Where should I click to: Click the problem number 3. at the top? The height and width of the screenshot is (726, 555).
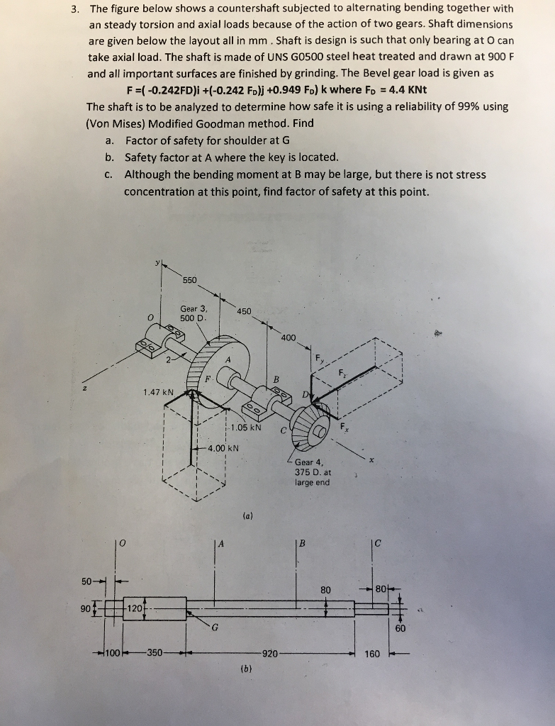(x=74, y=9)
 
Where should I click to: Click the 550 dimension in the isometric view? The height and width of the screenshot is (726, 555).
(x=190, y=280)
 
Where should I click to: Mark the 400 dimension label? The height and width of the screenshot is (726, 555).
(x=288, y=337)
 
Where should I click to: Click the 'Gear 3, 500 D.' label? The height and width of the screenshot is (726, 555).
(x=194, y=313)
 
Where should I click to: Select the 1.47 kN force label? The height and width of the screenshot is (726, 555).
(x=158, y=391)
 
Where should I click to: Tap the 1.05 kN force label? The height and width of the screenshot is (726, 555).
(x=247, y=428)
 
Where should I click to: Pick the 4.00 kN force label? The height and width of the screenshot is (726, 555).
(x=223, y=448)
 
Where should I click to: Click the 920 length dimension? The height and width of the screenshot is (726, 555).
(x=270, y=653)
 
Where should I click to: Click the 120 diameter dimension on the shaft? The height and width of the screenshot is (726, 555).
(x=135, y=608)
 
